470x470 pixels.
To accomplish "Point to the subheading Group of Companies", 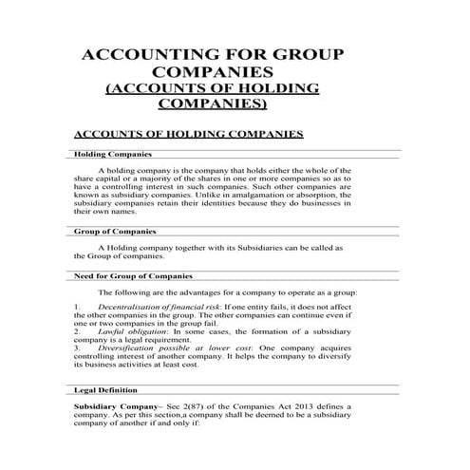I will click(114, 231).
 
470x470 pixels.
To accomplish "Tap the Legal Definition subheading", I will click(104, 390).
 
